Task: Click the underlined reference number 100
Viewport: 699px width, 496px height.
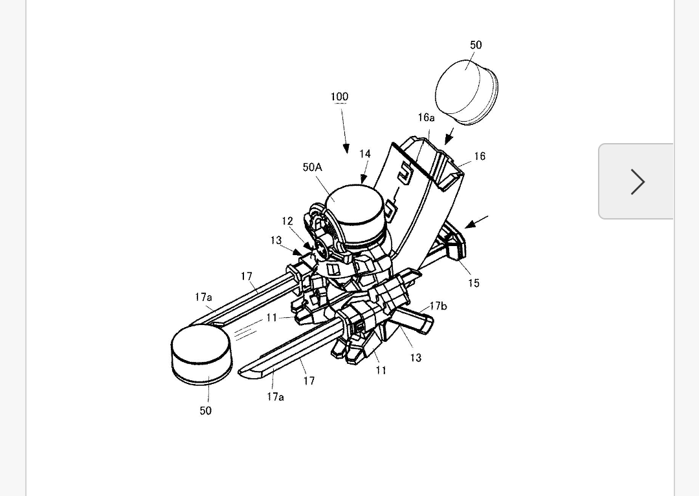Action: (339, 96)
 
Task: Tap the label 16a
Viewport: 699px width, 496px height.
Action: (426, 118)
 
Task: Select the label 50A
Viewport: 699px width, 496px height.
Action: (312, 167)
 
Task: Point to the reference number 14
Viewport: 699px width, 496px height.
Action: (365, 154)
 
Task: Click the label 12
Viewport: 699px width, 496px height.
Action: (287, 221)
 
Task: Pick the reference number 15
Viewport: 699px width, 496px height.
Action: (474, 283)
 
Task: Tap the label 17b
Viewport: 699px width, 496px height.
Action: (438, 306)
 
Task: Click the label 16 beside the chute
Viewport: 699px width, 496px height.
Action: (480, 156)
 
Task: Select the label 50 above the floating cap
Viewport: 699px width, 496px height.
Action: (476, 45)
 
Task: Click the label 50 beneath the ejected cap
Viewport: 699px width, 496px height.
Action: (206, 411)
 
